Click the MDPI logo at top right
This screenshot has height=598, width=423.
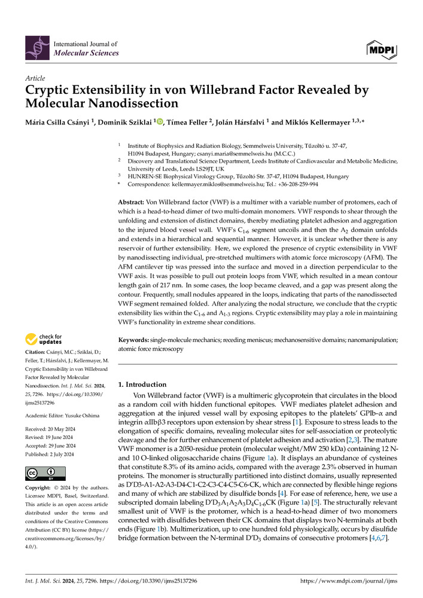click(381, 48)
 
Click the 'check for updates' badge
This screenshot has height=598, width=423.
click(43, 340)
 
